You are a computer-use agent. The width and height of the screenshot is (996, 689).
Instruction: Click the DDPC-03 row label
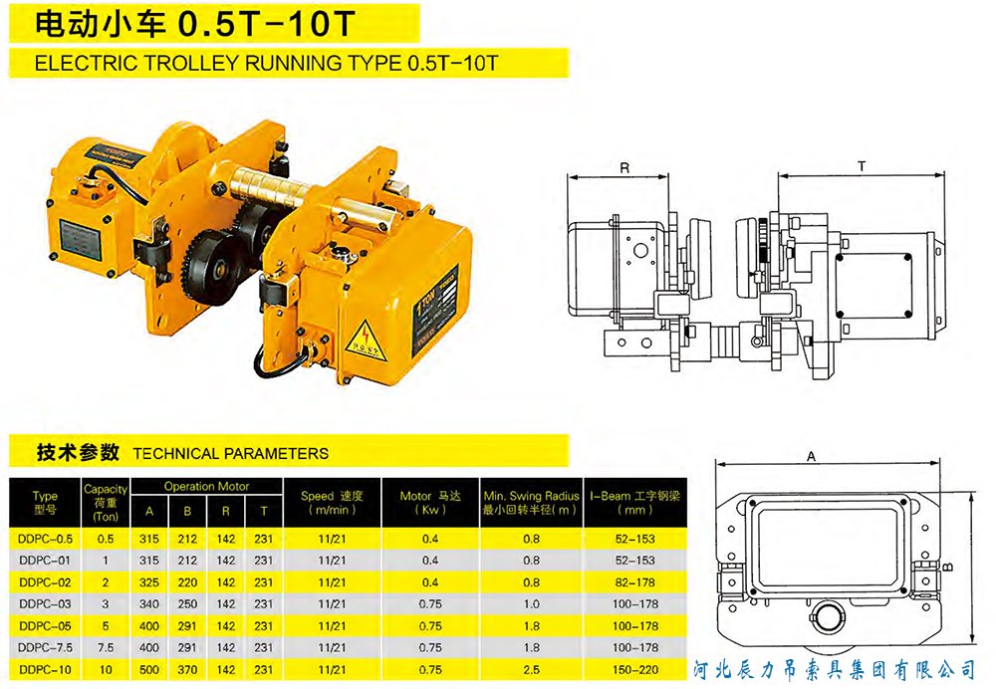[45, 603]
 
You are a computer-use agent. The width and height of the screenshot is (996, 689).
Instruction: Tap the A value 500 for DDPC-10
[149, 670]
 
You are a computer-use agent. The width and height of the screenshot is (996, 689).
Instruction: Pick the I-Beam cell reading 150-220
[632, 670]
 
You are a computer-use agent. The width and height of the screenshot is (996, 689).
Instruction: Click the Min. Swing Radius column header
[530, 502]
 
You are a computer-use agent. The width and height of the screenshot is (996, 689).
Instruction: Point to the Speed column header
[332, 502]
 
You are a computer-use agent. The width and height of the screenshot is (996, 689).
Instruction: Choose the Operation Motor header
[206, 487]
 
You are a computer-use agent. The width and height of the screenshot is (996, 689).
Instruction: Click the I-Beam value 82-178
[632, 581]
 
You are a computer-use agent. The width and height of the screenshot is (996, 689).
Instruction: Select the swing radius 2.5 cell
[530, 670]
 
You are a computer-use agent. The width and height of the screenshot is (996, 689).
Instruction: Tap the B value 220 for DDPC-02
[187, 581]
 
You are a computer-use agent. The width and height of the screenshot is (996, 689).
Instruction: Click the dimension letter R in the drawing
[623, 168]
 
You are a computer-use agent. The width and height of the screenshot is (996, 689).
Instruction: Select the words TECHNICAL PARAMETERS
[230, 453]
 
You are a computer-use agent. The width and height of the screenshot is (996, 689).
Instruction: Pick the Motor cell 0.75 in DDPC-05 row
[429, 626]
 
